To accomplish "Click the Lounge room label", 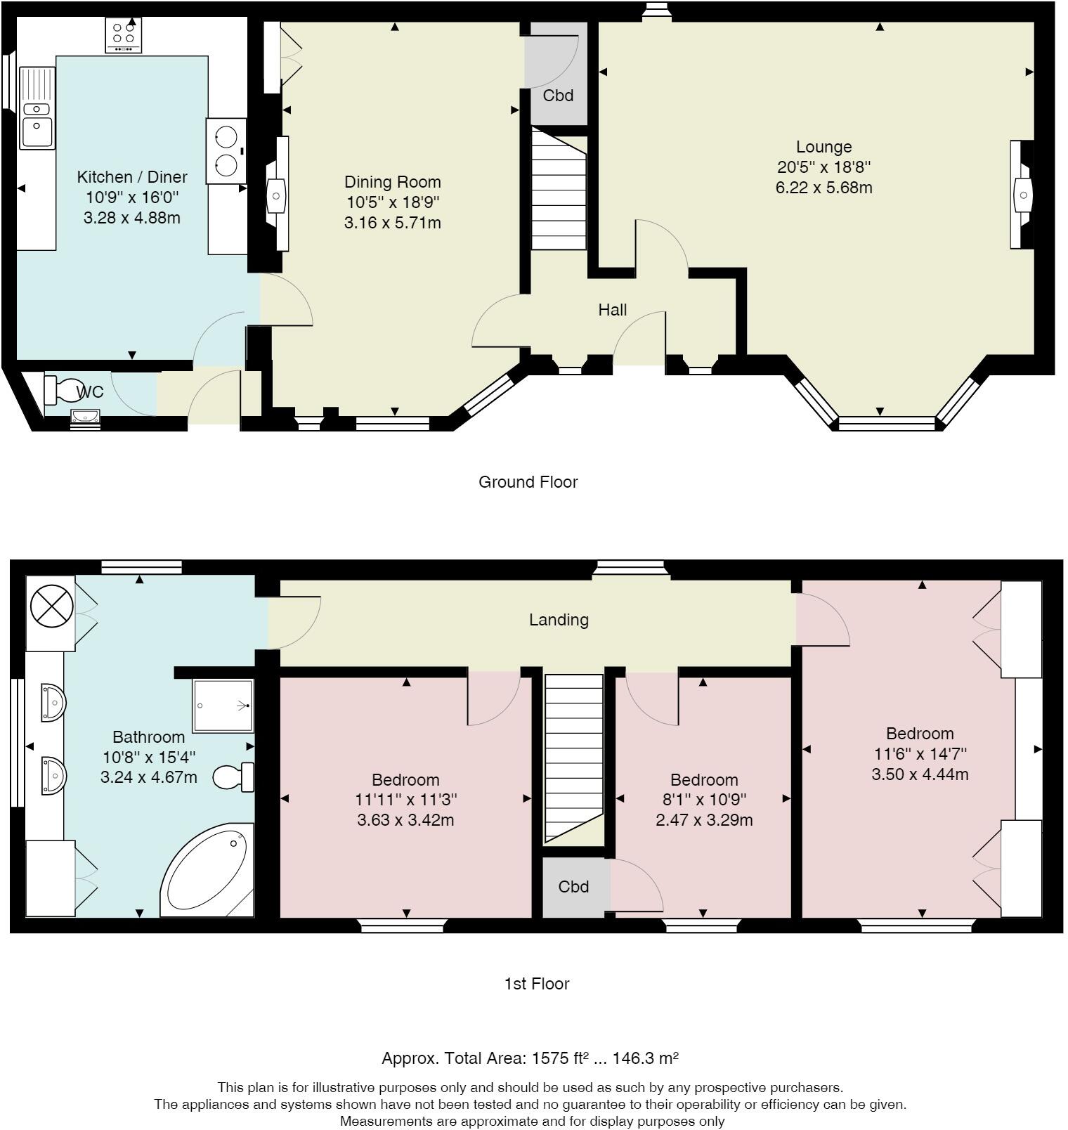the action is [x=823, y=147].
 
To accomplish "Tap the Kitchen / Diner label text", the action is [x=132, y=176].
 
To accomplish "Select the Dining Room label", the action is [x=393, y=182].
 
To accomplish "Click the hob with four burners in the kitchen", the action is [x=124, y=35].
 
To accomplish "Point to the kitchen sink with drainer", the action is [x=37, y=108].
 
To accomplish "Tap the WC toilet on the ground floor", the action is [x=63, y=388].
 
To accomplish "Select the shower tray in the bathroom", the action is [x=222, y=706].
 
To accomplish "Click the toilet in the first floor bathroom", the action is [x=233, y=777].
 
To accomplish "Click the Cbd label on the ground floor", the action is [x=559, y=96].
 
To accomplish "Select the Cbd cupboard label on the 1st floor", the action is [x=573, y=887].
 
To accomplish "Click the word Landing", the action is [x=559, y=620].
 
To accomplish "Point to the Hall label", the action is [x=613, y=310].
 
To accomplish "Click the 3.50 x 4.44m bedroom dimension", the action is [x=920, y=774].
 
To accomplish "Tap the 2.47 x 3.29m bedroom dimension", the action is [x=704, y=820].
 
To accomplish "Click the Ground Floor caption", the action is [x=528, y=482].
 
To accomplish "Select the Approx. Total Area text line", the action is [x=530, y=1058].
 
